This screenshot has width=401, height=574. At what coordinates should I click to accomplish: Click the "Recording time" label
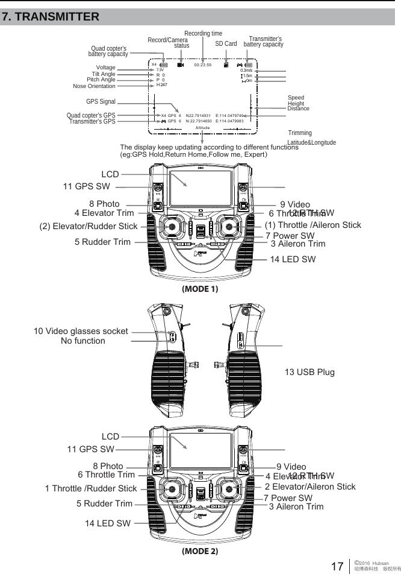(x=203, y=33)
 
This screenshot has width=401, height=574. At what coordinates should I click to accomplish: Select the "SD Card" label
(x=226, y=44)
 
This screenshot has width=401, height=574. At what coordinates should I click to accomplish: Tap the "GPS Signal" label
(x=101, y=102)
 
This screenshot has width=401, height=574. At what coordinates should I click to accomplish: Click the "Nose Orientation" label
(x=94, y=86)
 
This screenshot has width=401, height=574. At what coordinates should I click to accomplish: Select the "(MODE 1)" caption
(x=200, y=289)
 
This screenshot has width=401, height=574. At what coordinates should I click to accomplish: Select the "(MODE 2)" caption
(x=200, y=550)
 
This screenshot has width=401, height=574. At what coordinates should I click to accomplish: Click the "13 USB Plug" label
(x=309, y=371)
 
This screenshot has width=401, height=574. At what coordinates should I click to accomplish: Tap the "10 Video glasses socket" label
(x=81, y=331)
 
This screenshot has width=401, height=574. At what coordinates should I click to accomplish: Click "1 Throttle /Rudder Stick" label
(x=91, y=488)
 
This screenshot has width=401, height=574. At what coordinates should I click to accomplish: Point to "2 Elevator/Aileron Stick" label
(x=310, y=487)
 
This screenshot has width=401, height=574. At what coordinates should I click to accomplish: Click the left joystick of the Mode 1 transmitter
(x=172, y=227)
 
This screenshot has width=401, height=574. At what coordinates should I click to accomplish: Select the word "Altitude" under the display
(x=202, y=128)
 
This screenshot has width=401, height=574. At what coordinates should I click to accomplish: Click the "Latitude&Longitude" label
(x=311, y=142)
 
